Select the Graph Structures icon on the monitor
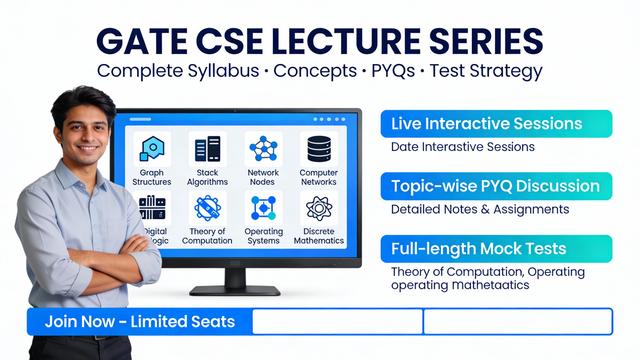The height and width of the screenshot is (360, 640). click(152, 150)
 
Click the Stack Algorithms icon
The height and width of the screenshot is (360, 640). click(208, 150)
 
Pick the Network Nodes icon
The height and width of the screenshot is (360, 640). click(263, 150)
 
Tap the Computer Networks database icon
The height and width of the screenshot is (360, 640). click(319, 150)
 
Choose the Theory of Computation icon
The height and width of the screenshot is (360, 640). click(208, 208)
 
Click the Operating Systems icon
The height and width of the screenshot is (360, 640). click(263, 208)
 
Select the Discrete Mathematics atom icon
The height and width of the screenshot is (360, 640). click(319, 208)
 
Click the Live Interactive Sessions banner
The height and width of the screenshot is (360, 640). click(496, 124)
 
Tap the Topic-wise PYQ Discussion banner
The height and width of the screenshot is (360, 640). click(496, 186)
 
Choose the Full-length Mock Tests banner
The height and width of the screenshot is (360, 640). click(496, 248)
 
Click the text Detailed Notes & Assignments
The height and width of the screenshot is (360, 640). click(480, 210)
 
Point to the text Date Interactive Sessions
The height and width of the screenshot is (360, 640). click(463, 147)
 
